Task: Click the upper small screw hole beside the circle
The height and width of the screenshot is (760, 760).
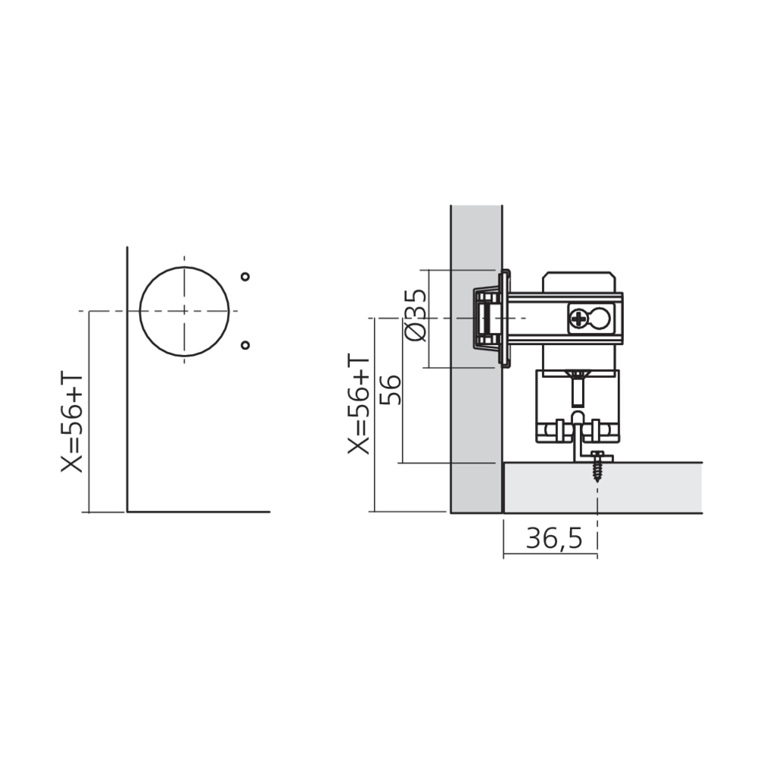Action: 245,277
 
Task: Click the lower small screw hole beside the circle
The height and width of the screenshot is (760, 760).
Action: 245,345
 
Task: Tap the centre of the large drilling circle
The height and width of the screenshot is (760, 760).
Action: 184,311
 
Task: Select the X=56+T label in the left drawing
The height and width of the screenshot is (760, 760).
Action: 71,422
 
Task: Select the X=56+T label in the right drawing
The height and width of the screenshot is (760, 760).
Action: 359,404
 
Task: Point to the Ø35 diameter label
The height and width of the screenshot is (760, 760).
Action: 416,315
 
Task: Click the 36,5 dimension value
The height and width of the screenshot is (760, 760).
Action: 554,538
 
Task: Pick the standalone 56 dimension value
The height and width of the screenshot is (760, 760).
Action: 391,389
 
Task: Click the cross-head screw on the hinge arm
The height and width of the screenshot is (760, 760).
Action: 578,318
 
